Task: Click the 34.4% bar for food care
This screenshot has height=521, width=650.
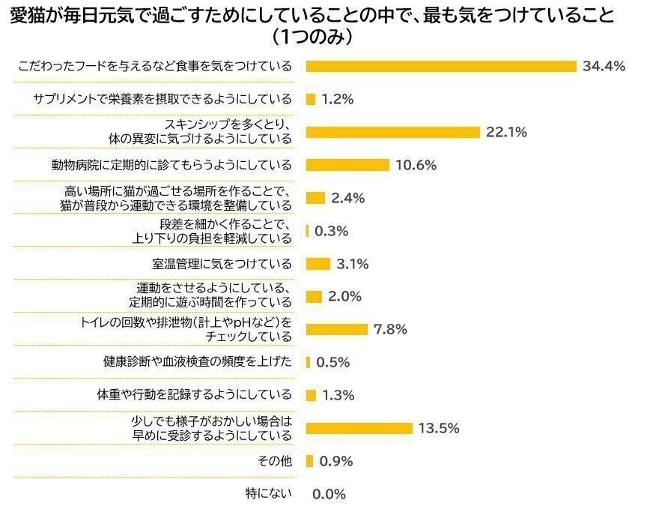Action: [x=441, y=66]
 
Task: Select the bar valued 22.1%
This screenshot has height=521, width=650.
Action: [x=392, y=132]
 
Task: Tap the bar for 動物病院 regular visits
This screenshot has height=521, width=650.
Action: [x=347, y=165]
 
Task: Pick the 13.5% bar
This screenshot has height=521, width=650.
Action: [x=359, y=428]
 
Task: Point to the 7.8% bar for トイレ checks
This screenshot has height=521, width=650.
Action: [x=337, y=329]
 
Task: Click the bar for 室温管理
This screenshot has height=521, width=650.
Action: [x=318, y=264]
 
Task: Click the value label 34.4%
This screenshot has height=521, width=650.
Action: [x=604, y=66]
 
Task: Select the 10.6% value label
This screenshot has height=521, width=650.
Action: [x=416, y=165]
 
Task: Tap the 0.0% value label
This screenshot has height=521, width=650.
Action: [x=329, y=494]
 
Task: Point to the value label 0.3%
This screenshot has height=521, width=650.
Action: [x=332, y=231]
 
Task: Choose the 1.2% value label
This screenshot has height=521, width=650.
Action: [x=337, y=99]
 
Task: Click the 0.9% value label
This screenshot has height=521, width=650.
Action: [x=336, y=461]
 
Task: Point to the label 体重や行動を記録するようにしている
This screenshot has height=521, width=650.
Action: [x=195, y=395]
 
